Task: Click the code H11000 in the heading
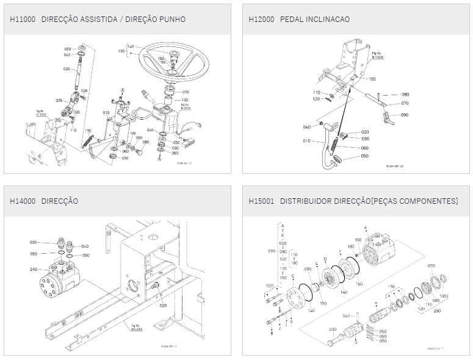coord(23,20)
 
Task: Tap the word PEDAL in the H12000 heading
coord(292,20)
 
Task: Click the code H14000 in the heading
coord(23,201)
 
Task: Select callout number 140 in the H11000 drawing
coord(131,46)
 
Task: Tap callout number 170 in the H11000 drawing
coord(88,131)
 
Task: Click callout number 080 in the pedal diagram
coord(405,95)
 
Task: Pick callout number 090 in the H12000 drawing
coord(405,114)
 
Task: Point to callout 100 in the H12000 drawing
coord(372,79)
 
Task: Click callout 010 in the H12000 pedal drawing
coord(306,141)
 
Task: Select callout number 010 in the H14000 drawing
coord(34,268)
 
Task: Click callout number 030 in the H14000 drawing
coord(33,243)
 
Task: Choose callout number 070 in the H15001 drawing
coord(431,266)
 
